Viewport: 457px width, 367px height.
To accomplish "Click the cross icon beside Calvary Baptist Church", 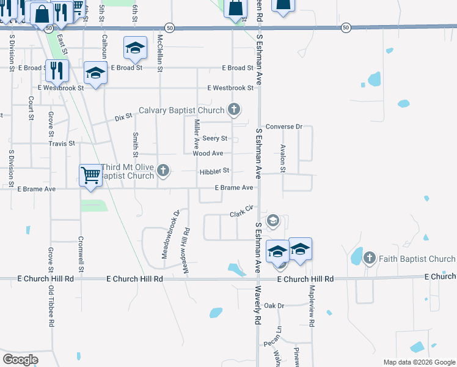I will click(233, 110).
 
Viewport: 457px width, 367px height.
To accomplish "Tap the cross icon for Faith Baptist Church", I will click(369, 259).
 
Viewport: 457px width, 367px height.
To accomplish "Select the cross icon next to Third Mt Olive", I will click(163, 171).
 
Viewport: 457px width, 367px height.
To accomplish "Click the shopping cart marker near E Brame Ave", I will click(90, 176).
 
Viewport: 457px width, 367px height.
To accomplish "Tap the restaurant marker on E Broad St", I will click(56, 70).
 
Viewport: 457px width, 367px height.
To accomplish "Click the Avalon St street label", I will click(283, 158).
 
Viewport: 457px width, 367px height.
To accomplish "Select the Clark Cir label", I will click(241, 212).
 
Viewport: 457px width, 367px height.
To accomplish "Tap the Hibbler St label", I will click(214, 171).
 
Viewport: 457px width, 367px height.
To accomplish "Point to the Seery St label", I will click(215, 139).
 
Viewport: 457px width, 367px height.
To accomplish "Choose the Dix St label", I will click(123, 116).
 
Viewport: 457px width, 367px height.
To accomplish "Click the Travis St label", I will click(62, 144).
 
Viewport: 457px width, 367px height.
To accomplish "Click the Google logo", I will click(21, 360).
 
